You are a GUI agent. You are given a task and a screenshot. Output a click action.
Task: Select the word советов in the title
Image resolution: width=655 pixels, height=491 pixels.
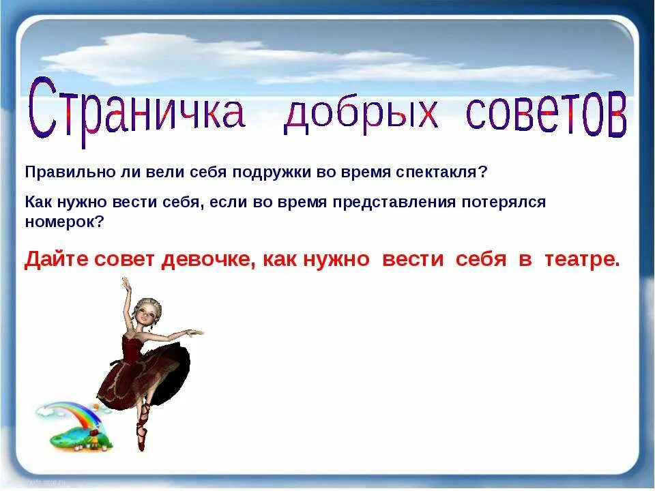[546, 113]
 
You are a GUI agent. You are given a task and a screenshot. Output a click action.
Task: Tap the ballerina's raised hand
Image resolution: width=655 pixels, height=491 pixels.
[125, 282]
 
